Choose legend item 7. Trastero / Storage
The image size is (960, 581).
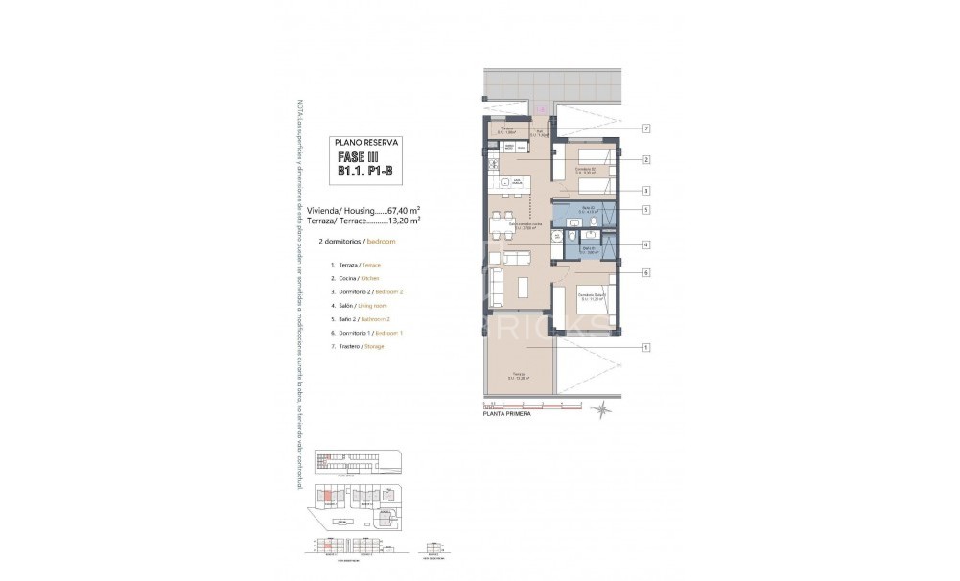357,346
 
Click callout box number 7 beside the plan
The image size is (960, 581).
647,128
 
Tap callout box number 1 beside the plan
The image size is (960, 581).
647,347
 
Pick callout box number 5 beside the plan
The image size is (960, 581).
647,210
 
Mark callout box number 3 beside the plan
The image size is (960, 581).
647,190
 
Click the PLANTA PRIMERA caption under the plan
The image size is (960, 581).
506,415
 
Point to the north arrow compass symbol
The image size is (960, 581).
602,410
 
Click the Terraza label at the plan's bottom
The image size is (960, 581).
518,375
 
